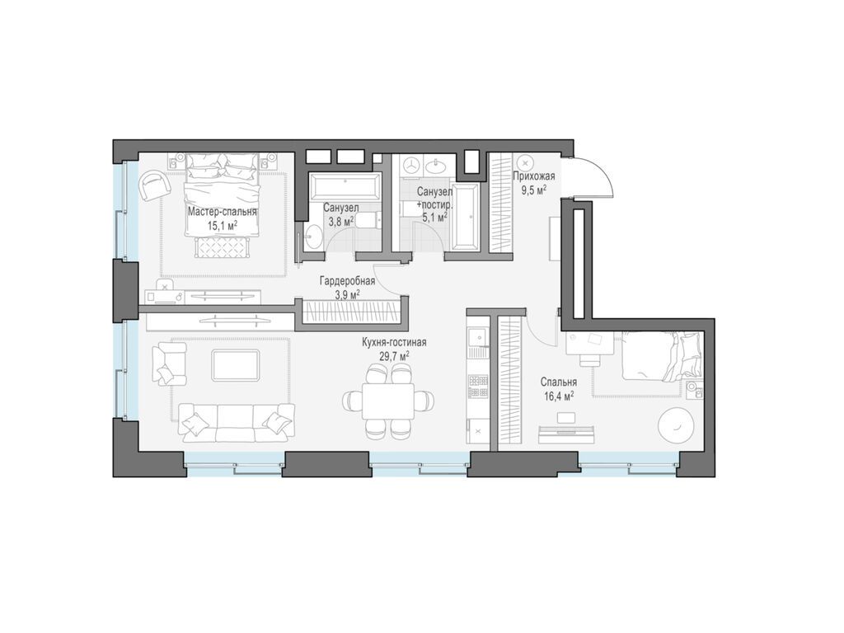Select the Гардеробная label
[x=347, y=280]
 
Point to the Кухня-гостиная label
[x=394, y=342]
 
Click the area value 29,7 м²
[x=394, y=355]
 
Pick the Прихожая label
[x=533, y=176]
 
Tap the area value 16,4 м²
[x=558, y=396]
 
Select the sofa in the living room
[x=237, y=422]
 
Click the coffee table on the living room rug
[x=236, y=364]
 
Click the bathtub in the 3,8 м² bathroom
[x=345, y=187]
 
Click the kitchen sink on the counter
[x=477, y=338]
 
